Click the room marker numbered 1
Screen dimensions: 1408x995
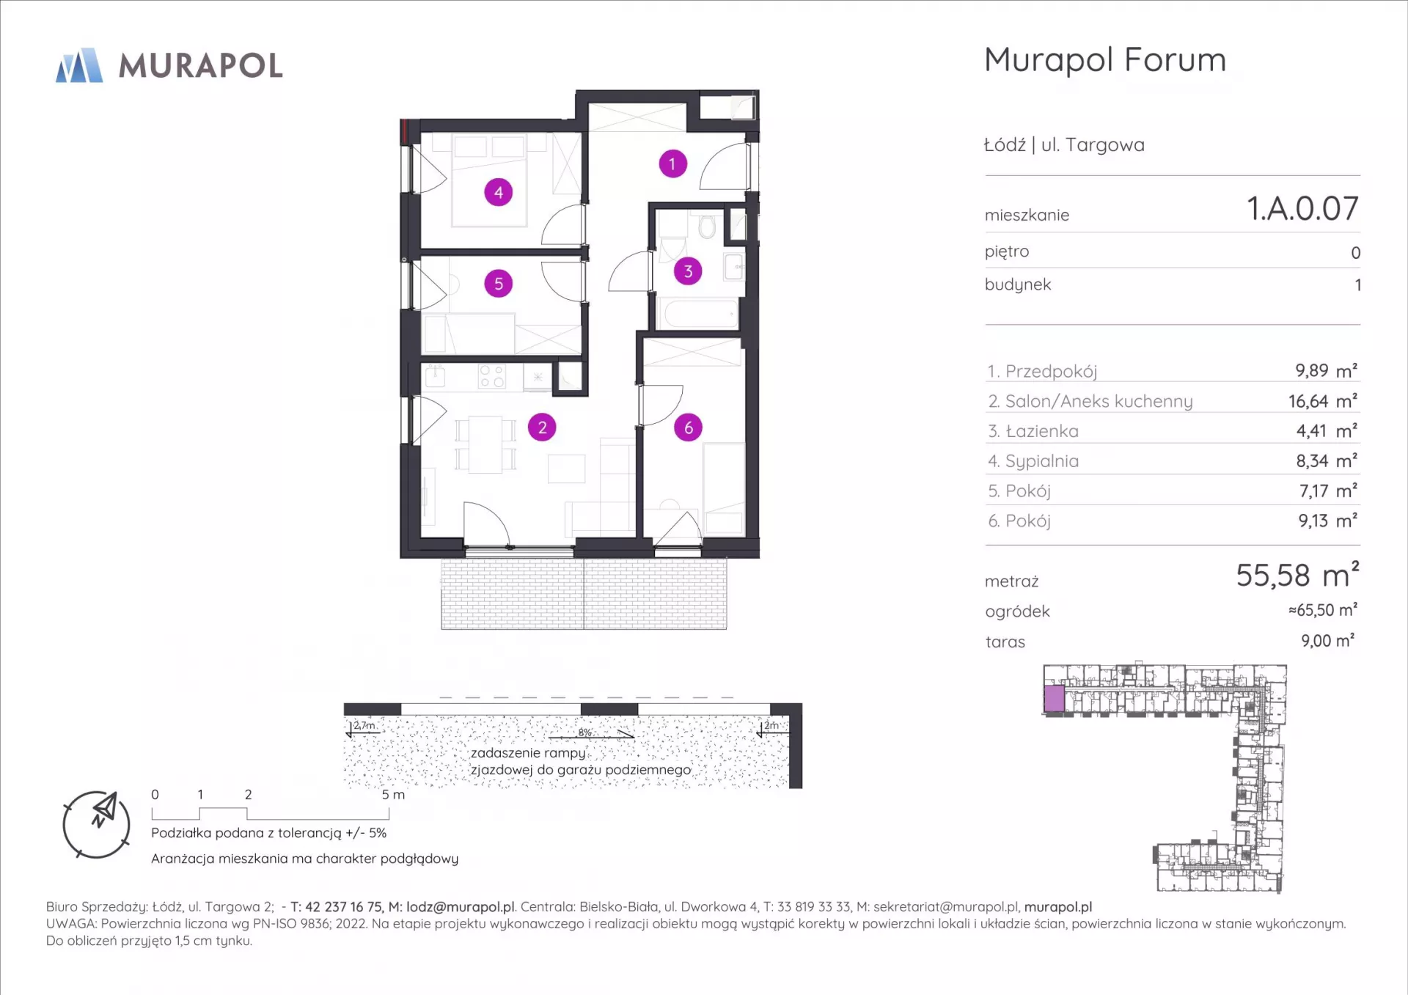click(672, 164)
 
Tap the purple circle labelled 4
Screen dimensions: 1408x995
click(499, 192)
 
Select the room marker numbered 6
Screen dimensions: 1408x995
click(688, 427)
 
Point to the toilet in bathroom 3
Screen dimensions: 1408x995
click(707, 226)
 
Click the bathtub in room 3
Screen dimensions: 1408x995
click(700, 314)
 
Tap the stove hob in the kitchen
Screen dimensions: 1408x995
click(491, 376)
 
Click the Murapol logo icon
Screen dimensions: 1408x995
click(79, 65)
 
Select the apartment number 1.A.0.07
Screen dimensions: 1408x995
click(1303, 209)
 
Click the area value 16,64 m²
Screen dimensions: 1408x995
click(1323, 401)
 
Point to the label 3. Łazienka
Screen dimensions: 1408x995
click(1033, 431)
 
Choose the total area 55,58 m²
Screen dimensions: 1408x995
click(1297, 575)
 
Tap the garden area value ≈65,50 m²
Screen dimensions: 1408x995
click(1323, 610)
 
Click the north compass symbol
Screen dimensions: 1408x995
click(97, 824)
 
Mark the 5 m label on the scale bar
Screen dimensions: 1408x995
click(393, 794)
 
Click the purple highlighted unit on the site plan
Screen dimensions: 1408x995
click(1055, 699)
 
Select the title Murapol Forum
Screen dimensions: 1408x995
click(1105, 60)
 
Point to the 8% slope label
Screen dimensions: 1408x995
click(584, 733)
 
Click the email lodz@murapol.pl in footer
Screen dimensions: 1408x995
click(461, 907)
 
